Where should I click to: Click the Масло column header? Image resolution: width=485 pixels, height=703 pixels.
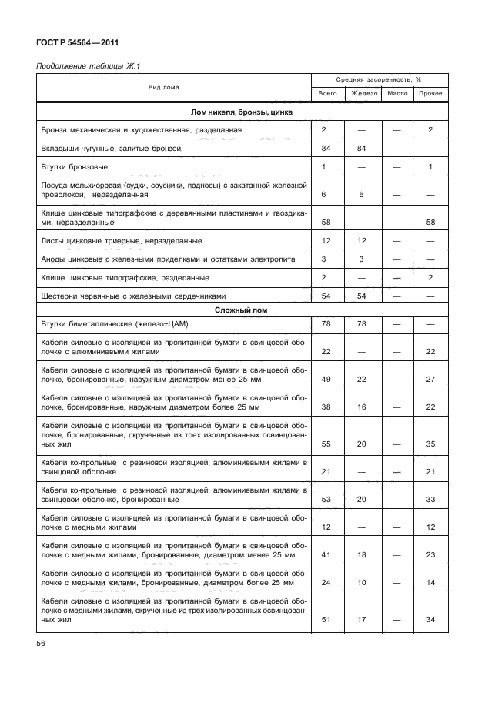point(397,94)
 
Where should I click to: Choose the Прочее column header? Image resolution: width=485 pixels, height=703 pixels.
point(430,94)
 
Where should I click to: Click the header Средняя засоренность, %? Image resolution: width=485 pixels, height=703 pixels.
point(379,80)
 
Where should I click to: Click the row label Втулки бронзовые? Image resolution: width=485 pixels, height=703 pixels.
point(74,166)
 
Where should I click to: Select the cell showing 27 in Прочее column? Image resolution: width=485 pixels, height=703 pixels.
point(430,379)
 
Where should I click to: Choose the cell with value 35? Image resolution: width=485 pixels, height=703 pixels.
point(430,445)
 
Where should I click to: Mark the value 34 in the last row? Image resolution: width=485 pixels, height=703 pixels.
point(430,621)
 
